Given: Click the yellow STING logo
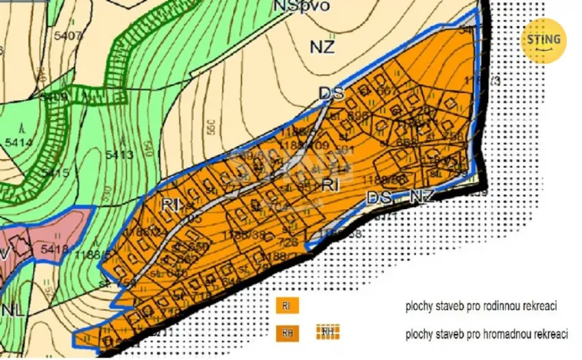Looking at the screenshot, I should click(544, 40).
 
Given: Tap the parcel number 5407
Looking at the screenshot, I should click(68, 35).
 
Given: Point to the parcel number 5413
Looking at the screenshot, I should click(120, 155).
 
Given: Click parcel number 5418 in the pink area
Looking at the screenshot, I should click(55, 249).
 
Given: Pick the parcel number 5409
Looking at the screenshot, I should click(55, 98).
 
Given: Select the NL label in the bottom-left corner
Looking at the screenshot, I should click(12, 310).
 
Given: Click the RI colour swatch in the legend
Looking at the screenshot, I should click(286, 305).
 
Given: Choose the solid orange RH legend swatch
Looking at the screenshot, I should click(286, 333).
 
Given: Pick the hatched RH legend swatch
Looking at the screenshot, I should click(328, 332).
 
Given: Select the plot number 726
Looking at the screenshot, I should click(288, 242).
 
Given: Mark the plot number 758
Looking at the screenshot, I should click(453, 136).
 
